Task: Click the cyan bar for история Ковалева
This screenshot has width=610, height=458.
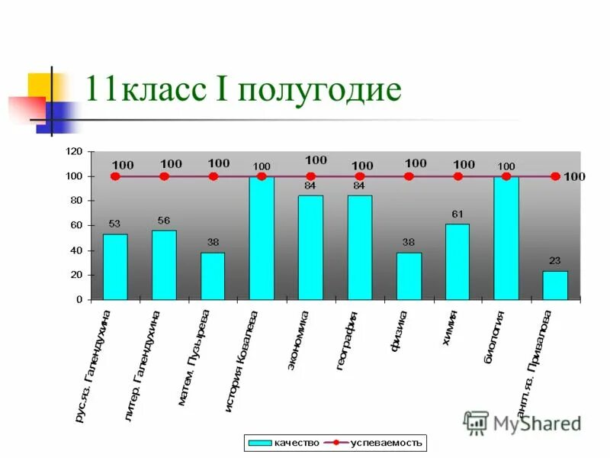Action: [262, 238]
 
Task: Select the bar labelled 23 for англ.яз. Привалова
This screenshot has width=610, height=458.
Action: [555, 285]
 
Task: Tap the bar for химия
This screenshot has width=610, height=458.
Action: [457, 262]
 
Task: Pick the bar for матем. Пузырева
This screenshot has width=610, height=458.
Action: [213, 276]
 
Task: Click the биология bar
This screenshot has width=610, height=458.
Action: [506, 238]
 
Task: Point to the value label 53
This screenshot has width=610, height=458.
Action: [114, 224]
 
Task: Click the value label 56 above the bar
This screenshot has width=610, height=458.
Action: [164, 220]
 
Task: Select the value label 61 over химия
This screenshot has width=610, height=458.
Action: [457, 214]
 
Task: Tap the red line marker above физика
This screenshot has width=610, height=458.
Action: [409, 176]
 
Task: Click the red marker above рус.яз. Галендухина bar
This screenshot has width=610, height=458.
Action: [115, 176]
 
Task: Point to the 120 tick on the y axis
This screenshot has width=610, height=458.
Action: [73, 152]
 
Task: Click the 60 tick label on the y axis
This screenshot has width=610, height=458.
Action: [75, 225]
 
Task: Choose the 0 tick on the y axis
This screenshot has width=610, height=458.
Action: [79, 300]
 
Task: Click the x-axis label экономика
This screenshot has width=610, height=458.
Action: [297, 340]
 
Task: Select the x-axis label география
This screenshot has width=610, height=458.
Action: [346, 340]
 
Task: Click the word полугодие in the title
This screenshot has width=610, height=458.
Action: [319, 89]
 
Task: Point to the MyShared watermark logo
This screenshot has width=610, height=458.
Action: [522, 422]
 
